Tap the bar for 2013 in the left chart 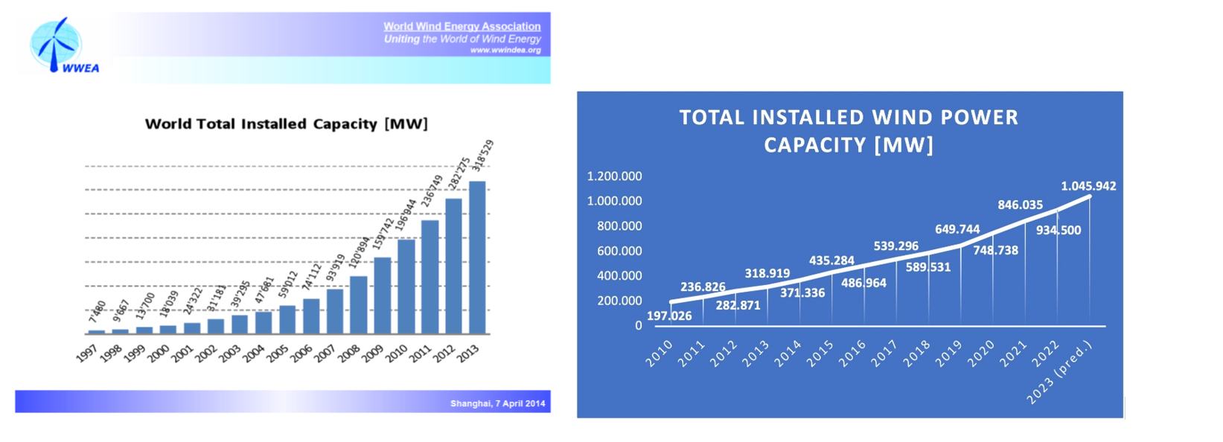pos(476,257)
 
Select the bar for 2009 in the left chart pos(382,295)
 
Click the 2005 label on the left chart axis pos(278,353)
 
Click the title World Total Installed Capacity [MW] pos(286,124)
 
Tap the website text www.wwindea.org pos(505,51)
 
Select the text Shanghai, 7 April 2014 pos(497,403)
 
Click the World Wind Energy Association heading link pos(462,26)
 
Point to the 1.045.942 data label pos(1088,186)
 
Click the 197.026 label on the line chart pos(668,316)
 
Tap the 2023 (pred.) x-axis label pos(1061,372)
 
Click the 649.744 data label pos(957,229)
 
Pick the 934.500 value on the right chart pos(1058,231)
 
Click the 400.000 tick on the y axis pos(619,276)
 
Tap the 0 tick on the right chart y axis pos(638,326)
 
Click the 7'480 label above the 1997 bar pos(98,311)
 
